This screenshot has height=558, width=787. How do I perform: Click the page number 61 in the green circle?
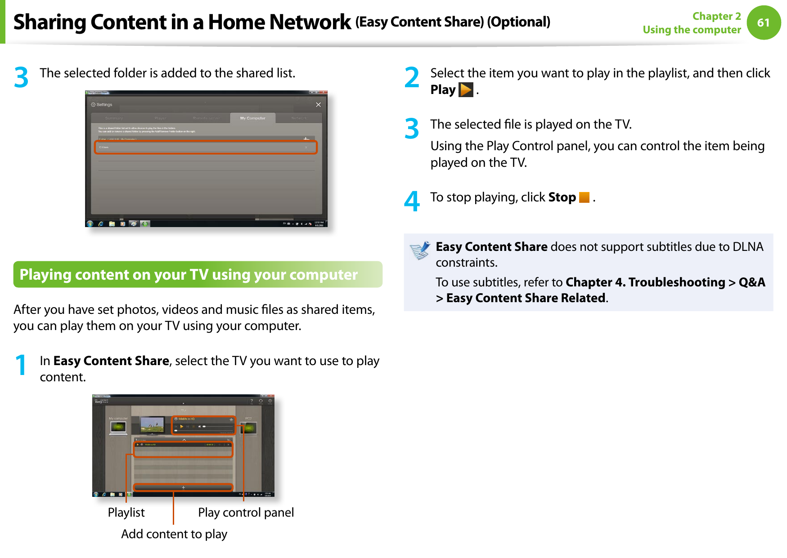tap(763, 22)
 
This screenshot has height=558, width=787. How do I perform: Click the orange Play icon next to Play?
tap(465, 90)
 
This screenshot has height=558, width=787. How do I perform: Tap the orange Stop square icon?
tap(584, 197)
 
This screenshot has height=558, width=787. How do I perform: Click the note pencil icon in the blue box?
tap(420, 250)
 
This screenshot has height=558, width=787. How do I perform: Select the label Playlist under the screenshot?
tap(126, 513)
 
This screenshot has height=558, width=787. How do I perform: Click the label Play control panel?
tap(246, 513)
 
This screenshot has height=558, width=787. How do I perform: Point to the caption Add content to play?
tap(174, 534)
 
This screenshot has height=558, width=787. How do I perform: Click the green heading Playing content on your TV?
tap(189, 275)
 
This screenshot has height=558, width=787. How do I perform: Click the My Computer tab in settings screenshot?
tap(252, 118)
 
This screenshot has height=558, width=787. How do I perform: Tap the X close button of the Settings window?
tap(318, 105)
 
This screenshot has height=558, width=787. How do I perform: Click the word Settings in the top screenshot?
tap(104, 105)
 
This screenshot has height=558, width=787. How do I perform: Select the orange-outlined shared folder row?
tap(206, 147)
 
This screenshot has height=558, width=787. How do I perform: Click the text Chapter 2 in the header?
tap(716, 16)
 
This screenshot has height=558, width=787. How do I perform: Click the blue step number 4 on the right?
tap(411, 201)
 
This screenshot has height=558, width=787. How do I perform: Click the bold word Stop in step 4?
tap(562, 197)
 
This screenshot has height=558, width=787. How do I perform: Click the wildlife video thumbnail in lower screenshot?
tap(152, 424)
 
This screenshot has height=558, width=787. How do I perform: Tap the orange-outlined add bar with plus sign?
tap(183, 487)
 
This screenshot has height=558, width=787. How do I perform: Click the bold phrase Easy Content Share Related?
tap(526, 298)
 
